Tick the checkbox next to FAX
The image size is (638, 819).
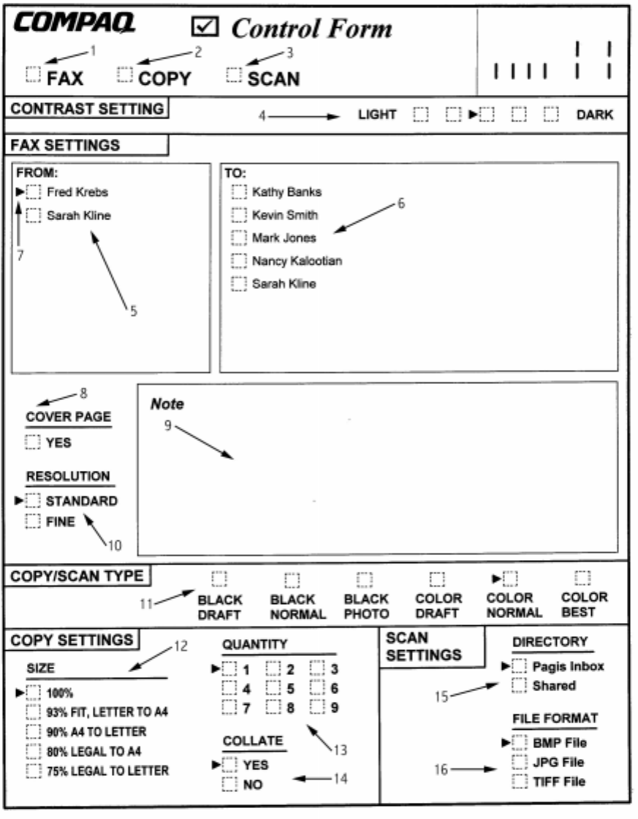(34, 74)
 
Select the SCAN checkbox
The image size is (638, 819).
(234, 74)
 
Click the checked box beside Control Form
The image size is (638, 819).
(202, 27)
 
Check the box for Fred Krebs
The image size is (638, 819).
(34, 192)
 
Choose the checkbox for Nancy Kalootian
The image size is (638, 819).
(238, 260)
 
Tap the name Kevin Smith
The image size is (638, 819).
(285, 215)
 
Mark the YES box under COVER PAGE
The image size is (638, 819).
(33, 442)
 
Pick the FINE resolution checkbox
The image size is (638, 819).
(33, 521)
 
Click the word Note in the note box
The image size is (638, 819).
(167, 404)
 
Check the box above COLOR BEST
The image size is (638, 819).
(582, 578)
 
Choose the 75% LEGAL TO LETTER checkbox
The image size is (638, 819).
(34, 770)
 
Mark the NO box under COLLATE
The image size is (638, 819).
(230, 785)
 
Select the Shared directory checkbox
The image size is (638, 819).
(519, 685)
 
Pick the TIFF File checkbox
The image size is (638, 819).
(519, 782)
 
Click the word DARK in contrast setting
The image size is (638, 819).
(595, 115)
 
